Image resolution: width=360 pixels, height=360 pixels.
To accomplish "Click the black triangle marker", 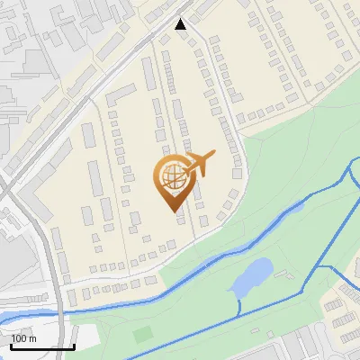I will click(181, 24).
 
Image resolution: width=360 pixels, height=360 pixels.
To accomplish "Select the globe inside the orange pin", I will click(172, 174).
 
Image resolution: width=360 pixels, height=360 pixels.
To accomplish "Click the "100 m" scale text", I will click(23, 339).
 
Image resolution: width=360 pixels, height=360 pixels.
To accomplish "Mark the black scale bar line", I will click(42, 347).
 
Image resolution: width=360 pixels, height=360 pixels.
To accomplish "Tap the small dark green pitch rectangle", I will click(143, 335).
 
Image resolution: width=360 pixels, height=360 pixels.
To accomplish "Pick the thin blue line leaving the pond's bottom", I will click(238, 306).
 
